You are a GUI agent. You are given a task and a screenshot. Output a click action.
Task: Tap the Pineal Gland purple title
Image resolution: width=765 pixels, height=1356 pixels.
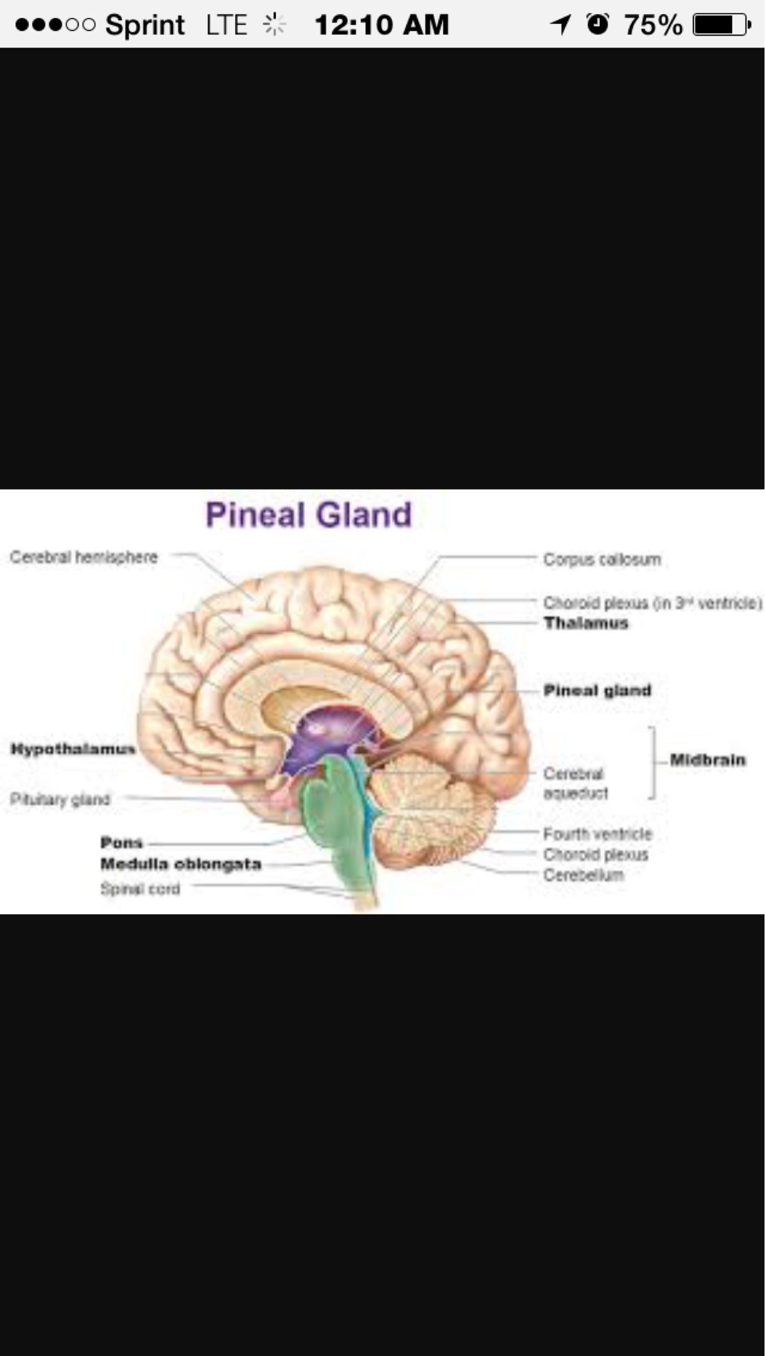coord(309,515)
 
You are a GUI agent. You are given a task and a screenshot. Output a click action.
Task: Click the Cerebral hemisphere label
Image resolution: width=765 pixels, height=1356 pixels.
coord(84,557)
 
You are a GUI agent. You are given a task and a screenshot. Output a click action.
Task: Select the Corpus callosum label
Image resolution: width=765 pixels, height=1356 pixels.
coord(602,559)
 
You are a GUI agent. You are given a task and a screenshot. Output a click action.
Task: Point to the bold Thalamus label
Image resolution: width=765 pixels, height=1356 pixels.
coord(586,623)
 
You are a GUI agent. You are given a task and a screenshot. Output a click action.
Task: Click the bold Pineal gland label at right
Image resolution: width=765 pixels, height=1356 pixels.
coord(597,690)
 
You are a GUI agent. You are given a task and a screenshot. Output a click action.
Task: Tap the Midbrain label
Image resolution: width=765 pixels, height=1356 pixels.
coord(707,760)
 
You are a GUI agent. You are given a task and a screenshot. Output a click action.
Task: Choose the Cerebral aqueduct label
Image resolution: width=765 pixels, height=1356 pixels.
coord(575,783)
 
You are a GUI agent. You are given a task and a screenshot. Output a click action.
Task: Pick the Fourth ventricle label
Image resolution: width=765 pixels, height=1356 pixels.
coord(598,834)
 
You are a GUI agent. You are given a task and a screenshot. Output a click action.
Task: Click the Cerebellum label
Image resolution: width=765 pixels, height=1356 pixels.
coord(584,875)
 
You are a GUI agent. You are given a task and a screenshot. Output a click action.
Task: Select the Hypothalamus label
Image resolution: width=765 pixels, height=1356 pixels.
coord(73,749)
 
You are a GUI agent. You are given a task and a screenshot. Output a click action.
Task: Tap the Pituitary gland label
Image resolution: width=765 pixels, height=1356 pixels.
coord(60,799)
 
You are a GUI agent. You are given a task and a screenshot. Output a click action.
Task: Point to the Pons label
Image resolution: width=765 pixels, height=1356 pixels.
coord(122,842)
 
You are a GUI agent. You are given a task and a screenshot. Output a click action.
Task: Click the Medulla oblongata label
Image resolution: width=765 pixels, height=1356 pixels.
coord(181,864)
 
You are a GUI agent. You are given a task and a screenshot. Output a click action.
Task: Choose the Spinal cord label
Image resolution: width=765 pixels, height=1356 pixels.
coord(140,889)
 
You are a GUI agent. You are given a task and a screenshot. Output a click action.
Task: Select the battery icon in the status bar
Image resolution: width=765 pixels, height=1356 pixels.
coord(721,25)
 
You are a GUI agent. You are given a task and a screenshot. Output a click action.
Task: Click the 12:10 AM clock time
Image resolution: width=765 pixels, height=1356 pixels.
coord(382,25)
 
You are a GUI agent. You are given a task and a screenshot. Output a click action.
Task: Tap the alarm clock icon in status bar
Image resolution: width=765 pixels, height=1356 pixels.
coord(598,24)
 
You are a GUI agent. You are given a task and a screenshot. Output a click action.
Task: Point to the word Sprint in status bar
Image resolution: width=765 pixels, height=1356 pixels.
coord(145,25)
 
